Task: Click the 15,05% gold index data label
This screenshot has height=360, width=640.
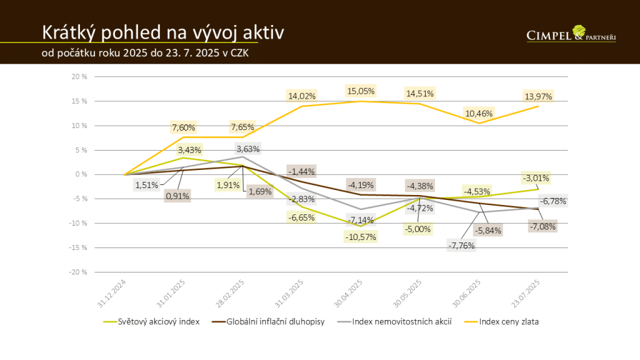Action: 361,91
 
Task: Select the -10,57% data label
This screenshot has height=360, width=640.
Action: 361,237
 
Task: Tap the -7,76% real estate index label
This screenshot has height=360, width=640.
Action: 462,246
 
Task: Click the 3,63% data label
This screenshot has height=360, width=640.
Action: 248,149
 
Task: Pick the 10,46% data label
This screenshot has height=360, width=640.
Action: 479,113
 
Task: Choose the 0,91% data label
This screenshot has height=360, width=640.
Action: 177,196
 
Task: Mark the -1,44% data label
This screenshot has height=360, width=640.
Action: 301,171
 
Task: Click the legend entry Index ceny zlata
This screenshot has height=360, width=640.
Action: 509,322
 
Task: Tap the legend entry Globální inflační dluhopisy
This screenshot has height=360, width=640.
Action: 275,322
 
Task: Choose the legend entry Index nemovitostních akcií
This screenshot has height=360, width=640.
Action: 400,322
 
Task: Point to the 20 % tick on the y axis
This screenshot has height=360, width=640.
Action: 79,77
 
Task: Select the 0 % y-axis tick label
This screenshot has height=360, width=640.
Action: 81,174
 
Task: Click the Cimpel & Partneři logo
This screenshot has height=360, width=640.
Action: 571,34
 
